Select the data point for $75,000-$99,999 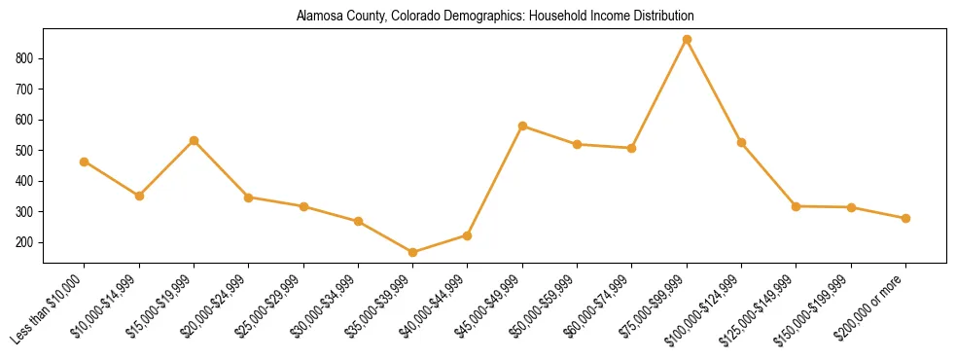pyautogui.click(x=687, y=40)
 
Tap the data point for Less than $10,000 pyautogui.click(x=85, y=162)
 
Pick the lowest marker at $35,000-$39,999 pyautogui.click(x=413, y=252)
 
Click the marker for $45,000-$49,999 pyautogui.click(x=523, y=126)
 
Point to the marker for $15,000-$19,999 pyautogui.click(x=195, y=141)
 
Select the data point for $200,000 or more pyautogui.click(x=905, y=218)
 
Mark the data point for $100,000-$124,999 pyautogui.click(x=741, y=143)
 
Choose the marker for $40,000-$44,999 pyautogui.click(x=468, y=235)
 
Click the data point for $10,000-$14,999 pyautogui.click(x=139, y=196)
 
